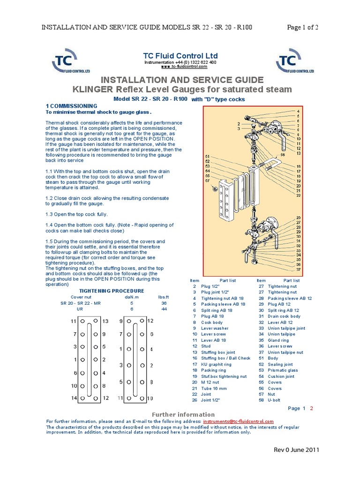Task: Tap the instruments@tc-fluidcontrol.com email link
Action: click(x=238, y=421)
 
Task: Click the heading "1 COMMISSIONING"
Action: click(x=71, y=106)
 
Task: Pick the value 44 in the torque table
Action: click(x=164, y=309)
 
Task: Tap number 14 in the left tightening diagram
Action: click(x=73, y=398)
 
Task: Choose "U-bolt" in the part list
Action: click(x=275, y=400)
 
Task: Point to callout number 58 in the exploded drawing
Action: click(x=283, y=154)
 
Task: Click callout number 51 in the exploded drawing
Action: click(x=207, y=156)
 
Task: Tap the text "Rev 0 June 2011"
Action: click(x=296, y=450)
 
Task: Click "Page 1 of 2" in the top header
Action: click(x=302, y=27)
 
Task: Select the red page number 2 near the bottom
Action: click(x=311, y=408)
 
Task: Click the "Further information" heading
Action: click(x=183, y=414)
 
